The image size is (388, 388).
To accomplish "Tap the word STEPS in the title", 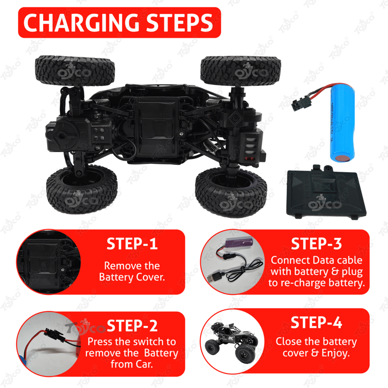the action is click(x=179, y=22).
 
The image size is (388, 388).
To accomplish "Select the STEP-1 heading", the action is click(x=132, y=244).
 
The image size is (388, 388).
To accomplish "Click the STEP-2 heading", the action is click(x=132, y=325).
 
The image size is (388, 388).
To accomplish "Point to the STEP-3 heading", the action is click(x=317, y=244).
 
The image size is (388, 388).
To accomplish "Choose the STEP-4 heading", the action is click(x=317, y=323).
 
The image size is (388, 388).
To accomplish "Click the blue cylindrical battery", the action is click(x=343, y=123).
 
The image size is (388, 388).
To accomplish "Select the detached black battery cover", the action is click(x=326, y=192).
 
